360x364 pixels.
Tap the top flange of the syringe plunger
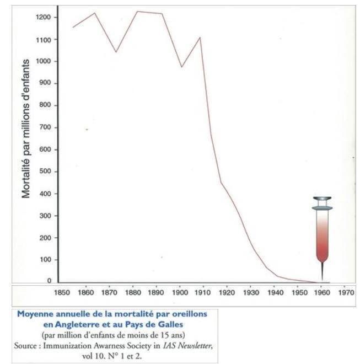pyautogui.click(x=322, y=199)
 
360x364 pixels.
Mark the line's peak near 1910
pyautogui.click(x=200, y=38)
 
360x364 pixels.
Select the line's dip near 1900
pyautogui.click(x=181, y=67)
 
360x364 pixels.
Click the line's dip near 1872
pyautogui.click(x=115, y=52)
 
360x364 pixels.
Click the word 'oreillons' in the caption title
pyautogui.click(x=182, y=314)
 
